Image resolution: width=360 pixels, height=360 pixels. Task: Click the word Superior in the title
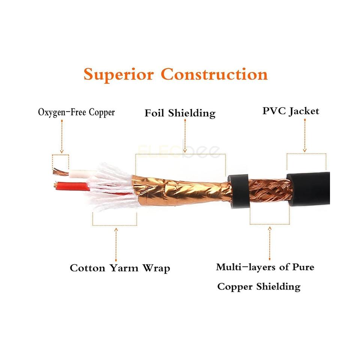click(118, 74)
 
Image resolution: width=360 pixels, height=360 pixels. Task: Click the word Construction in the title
click(214, 74)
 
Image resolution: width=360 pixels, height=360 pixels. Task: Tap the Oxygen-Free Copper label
click(76, 112)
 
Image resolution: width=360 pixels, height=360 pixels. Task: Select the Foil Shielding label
click(180, 113)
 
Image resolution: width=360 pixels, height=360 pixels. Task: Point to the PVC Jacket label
click(290, 111)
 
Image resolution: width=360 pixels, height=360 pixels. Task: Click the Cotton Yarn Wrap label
click(120, 268)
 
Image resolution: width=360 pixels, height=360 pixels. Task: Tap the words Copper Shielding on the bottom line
click(259, 287)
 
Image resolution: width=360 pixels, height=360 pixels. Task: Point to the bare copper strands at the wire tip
click(59, 172)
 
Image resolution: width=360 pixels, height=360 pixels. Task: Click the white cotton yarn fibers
click(112, 187)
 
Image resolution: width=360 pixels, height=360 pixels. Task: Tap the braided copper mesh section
click(270, 189)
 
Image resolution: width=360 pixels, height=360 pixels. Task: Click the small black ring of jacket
click(239, 190)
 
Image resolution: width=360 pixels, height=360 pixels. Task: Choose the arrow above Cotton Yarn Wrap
click(115, 243)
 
